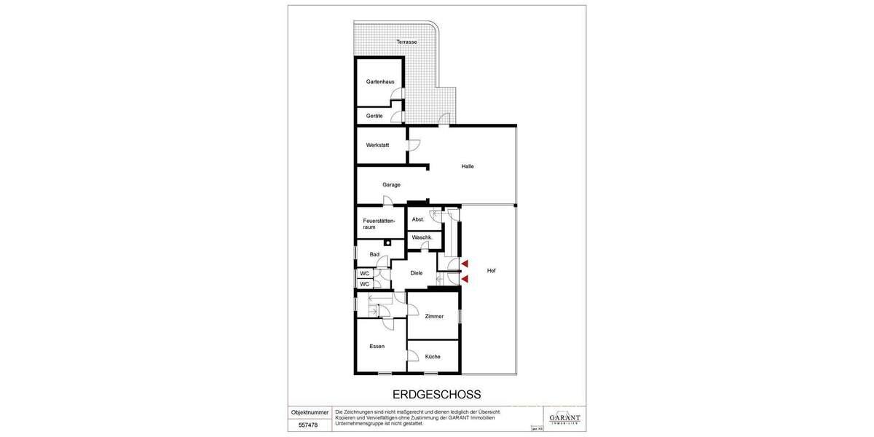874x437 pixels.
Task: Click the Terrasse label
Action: tap(406, 42)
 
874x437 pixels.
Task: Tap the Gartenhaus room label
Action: tap(380, 82)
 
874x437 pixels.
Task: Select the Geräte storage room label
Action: tap(374, 116)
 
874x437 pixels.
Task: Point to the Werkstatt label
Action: tap(377, 145)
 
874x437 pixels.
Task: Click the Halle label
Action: tap(468, 166)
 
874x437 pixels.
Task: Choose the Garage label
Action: tap(391, 185)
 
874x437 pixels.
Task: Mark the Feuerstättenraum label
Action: tap(379, 224)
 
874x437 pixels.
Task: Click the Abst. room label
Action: tap(418, 219)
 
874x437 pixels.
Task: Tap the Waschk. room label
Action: tap(422, 237)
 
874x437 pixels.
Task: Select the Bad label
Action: tap(374, 254)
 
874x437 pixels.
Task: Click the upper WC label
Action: tap(364, 273)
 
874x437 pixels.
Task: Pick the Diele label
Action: tap(416, 273)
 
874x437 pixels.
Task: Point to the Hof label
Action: tap(491, 270)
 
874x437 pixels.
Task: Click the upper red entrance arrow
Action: tap(464, 264)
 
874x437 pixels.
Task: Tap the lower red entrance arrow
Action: tap(464, 278)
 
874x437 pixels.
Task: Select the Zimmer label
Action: tap(434, 316)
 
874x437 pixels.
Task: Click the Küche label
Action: tap(433, 356)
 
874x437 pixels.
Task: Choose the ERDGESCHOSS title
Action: tap(436, 395)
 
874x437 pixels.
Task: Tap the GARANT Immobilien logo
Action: tap(564, 418)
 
